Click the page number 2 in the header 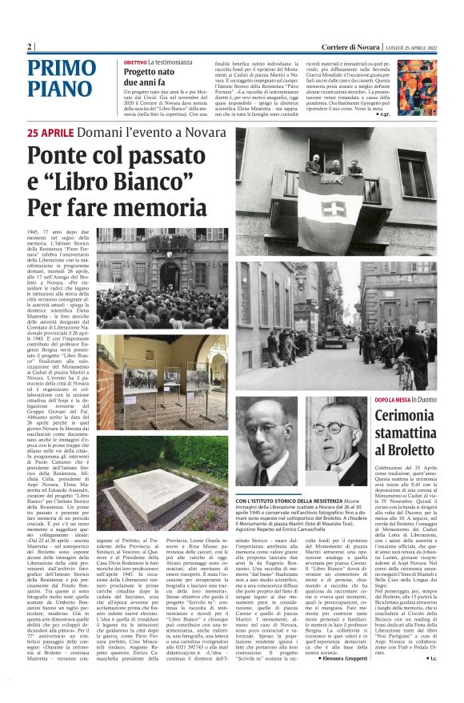(x=30, y=46)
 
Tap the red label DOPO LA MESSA (x=393, y=399)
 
